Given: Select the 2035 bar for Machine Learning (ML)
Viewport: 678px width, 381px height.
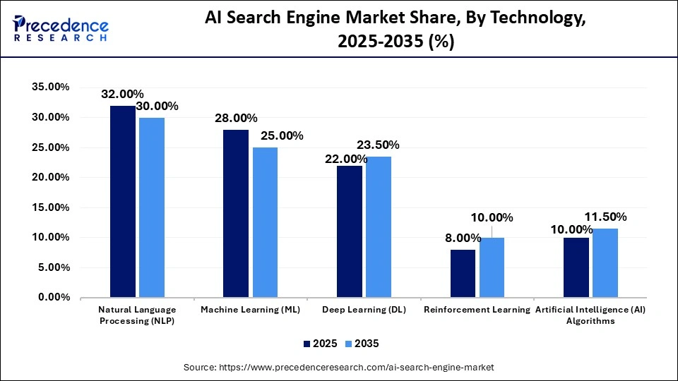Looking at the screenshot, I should coord(265,222).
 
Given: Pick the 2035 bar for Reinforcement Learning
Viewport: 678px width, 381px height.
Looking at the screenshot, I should coord(492,267).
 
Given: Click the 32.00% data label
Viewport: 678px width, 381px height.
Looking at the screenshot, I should coord(122,94).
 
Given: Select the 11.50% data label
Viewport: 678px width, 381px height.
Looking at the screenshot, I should coord(605,217).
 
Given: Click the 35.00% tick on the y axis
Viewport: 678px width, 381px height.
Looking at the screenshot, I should coord(51,87).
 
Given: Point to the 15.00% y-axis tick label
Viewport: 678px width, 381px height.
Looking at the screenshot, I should coord(51,207).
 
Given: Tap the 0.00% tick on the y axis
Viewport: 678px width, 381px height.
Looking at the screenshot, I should coord(54,298).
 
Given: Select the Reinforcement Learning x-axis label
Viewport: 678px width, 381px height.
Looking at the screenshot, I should coord(477,310).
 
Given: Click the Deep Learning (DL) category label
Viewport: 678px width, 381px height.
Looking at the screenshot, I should coord(364,310).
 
